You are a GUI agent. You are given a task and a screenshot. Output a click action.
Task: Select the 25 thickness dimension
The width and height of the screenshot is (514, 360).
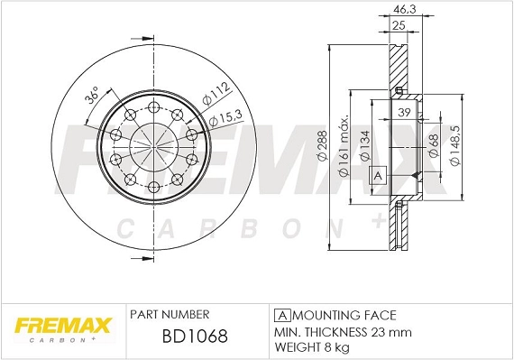(397, 26)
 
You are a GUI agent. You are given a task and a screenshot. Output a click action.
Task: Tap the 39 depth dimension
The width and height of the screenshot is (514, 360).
(404, 112)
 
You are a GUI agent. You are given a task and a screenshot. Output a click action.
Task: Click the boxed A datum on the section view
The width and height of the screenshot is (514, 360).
(379, 175)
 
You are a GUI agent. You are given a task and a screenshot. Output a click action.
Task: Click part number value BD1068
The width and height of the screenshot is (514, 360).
(183, 336)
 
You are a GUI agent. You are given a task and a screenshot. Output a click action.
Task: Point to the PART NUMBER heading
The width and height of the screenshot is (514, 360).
(170, 314)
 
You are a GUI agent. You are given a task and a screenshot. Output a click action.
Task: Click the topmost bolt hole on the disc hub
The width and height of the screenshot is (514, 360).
(153, 107)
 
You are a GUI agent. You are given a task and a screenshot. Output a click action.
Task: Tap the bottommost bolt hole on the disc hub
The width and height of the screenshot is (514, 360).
(153, 186)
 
